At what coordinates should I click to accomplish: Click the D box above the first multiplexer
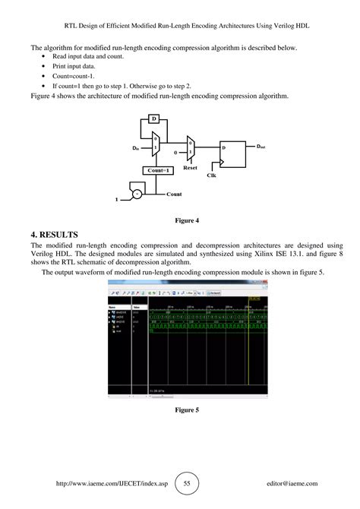(x=153, y=119)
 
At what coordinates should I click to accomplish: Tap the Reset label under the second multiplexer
(x=190, y=167)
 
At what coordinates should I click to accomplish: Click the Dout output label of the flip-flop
(x=261, y=146)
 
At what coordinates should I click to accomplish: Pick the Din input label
(x=137, y=147)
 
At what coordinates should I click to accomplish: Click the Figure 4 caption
(x=186, y=220)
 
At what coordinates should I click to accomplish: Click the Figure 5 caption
(x=186, y=410)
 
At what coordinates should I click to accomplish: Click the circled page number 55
(x=187, y=482)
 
